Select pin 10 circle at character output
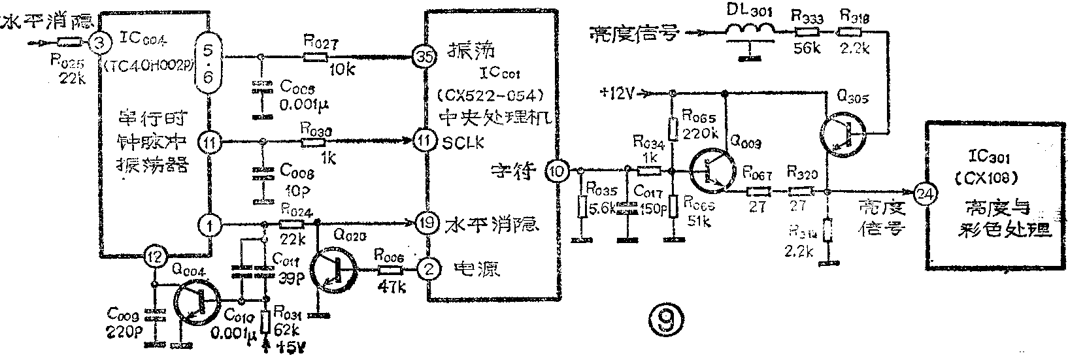click(557, 171)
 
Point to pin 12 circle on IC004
click(154, 255)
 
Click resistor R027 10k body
click(316, 57)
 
